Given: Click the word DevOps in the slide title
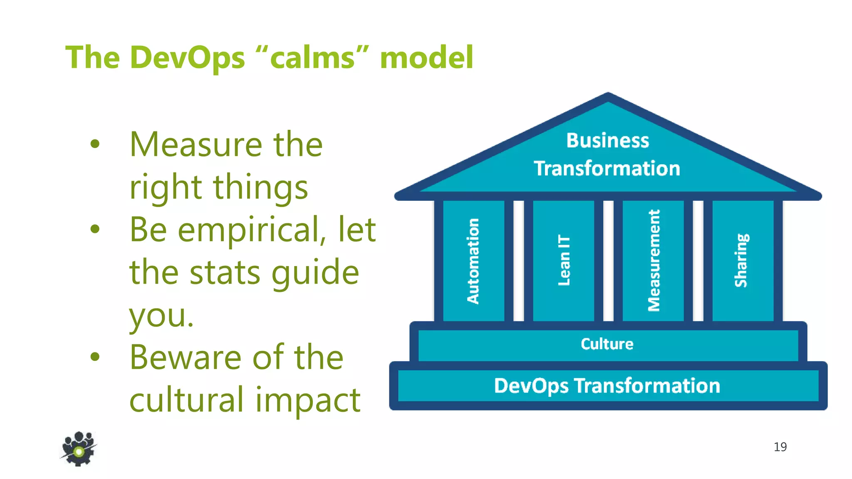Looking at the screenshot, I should [187, 57].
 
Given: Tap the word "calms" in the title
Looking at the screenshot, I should [312, 57].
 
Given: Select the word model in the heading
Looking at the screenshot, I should [426, 57].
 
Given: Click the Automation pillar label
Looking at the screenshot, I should [473, 261].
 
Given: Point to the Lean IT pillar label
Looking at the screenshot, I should [564, 260].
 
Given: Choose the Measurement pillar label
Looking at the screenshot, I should [654, 260].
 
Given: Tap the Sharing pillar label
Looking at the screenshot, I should [741, 260].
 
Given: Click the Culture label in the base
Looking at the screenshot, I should [607, 344].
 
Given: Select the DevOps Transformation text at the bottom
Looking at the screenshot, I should [607, 385].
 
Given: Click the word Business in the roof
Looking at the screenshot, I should [607, 141].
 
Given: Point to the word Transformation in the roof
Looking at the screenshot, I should [607, 168].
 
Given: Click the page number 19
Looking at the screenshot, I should [780, 447].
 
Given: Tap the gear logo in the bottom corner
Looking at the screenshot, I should [78, 449].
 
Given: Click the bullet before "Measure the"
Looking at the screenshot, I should [95, 144].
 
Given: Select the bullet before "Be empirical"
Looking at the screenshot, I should [95, 229].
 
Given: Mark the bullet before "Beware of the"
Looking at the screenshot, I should [95, 356].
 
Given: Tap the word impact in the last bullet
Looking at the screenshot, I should [307, 400].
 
